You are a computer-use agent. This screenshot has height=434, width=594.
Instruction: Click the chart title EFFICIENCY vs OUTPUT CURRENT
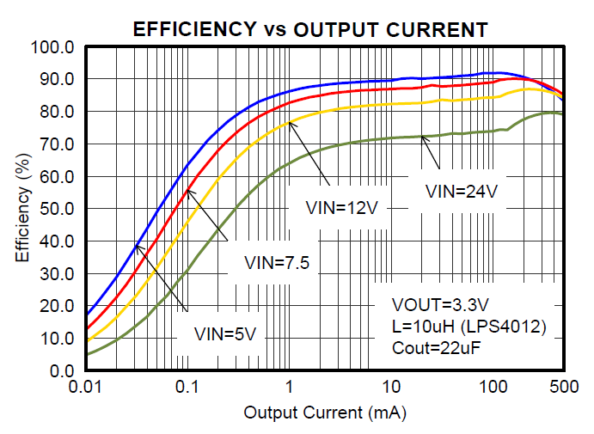pos(310,30)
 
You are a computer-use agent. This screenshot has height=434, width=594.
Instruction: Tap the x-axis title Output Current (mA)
pos(324,413)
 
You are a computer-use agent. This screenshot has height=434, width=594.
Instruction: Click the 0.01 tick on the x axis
pos(86,389)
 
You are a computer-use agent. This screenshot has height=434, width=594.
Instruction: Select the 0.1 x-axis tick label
pos(187,389)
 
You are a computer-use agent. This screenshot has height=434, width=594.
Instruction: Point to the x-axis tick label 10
pos(390,389)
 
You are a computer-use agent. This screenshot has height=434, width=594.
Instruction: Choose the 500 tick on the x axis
pos(563,389)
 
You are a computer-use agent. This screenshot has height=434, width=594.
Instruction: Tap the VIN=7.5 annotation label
pos(276,263)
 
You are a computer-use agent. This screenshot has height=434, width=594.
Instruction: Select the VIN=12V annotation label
pos(342,207)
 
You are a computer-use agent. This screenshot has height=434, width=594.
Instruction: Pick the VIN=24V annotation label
pos(462,191)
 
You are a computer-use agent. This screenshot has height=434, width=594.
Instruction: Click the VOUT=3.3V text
pos(441,305)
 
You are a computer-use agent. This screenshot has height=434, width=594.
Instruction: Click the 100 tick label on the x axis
pos(491,389)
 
